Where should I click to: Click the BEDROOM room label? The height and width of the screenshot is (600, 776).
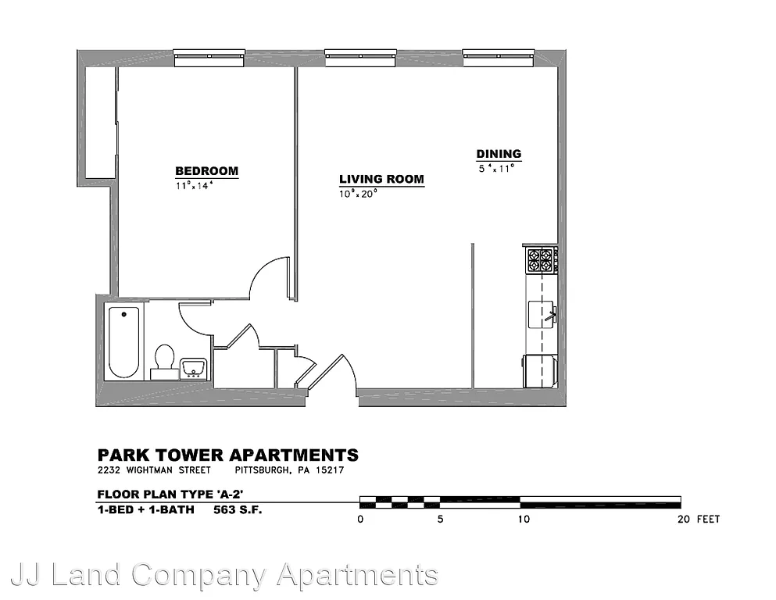tap(206, 171)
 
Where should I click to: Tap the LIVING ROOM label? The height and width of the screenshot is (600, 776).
tap(381, 179)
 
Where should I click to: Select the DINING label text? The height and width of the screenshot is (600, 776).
tap(499, 154)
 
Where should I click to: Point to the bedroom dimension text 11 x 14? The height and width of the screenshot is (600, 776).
tap(195, 186)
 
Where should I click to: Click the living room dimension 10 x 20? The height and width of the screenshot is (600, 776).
tap(358, 194)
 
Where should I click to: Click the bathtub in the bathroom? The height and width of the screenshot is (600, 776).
tap(123, 342)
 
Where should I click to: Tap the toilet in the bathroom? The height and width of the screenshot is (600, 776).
tap(164, 360)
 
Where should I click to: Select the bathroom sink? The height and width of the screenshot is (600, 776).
tap(193, 368)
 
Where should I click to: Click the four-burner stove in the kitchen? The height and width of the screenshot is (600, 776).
tap(541, 259)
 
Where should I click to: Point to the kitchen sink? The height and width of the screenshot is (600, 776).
tap(542, 316)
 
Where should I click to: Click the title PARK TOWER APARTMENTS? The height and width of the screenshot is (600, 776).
tap(227, 455)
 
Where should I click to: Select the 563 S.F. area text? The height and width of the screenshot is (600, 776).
tap(238, 511)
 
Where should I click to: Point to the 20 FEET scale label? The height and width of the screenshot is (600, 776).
tap(698, 520)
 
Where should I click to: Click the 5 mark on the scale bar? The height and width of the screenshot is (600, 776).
tap(440, 520)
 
